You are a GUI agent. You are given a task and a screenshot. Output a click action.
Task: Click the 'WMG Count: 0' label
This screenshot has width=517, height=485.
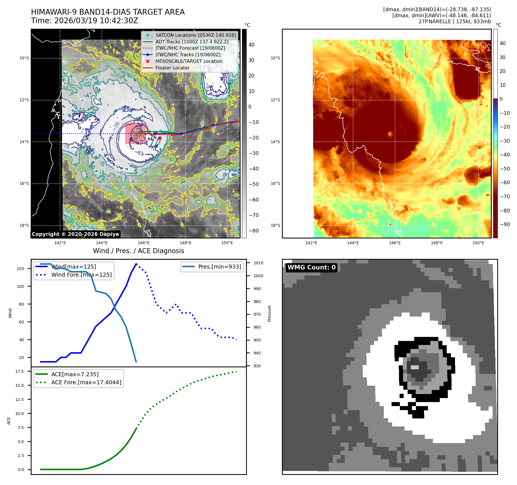click(311, 267)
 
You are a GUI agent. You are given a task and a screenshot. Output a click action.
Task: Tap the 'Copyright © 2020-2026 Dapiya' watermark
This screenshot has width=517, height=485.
click(75, 234)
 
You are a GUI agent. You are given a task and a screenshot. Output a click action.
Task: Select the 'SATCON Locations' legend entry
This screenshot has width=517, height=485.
click(195, 35)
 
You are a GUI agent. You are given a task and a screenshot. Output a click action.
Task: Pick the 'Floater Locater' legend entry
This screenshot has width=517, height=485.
click(172, 68)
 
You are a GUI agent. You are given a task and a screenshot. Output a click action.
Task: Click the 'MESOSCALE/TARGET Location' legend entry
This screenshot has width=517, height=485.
click(189, 61)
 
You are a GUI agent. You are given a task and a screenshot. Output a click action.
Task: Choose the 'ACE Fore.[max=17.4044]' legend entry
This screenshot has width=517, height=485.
click(86, 382)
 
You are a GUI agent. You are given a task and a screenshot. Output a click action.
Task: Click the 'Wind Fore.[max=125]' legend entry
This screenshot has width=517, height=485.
click(82, 275)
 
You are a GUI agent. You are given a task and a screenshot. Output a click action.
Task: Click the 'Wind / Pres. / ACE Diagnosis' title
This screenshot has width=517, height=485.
click(138, 251)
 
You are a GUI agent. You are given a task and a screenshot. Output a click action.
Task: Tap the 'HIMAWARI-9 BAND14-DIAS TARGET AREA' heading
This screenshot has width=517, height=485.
click(108, 12)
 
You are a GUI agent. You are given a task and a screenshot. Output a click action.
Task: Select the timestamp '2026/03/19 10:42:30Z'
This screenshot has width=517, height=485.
click(96, 21)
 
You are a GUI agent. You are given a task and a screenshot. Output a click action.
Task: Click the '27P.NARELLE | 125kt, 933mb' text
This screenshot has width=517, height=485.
click(455, 22)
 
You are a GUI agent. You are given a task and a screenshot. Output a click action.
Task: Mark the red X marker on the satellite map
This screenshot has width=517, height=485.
click(160, 138)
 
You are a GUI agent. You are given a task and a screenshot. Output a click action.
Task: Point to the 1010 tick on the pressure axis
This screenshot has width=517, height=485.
click(258, 263)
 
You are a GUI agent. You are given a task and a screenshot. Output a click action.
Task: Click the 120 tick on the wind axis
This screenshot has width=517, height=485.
click(20, 269)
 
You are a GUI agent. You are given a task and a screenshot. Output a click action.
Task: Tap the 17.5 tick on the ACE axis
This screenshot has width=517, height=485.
click(20, 371)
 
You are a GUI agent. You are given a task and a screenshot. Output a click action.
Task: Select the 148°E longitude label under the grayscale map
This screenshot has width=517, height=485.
click(185, 243)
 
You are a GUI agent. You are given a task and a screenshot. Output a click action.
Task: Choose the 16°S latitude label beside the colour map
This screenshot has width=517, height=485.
click(275, 183)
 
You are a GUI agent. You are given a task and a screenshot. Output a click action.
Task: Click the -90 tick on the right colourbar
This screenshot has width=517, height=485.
click(505, 224)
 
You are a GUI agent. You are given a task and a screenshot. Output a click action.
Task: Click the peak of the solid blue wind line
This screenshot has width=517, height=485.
click(136, 264)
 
